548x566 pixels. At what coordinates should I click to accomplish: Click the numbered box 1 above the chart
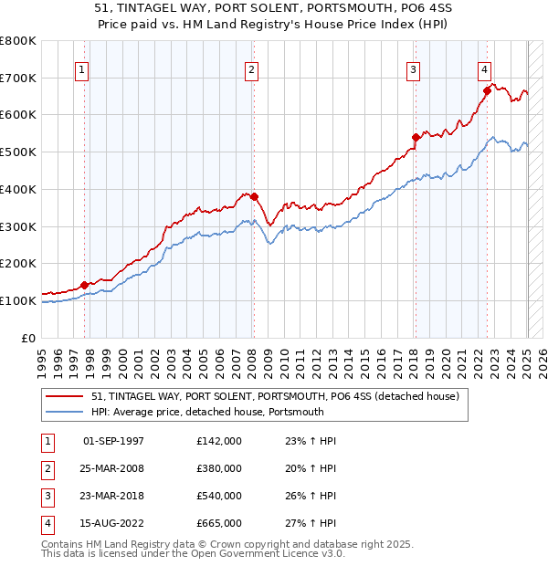(x=83, y=68)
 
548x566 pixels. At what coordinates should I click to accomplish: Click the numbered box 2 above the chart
(x=251, y=68)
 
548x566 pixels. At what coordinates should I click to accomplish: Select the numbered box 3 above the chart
(x=414, y=68)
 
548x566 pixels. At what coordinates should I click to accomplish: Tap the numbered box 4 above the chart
(x=484, y=68)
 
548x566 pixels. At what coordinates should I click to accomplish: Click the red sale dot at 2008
(x=255, y=196)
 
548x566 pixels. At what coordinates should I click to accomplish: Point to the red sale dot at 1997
(x=84, y=285)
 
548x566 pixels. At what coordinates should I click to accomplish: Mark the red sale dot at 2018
(x=416, y=138)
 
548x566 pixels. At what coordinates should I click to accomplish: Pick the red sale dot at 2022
(x=487, y=90)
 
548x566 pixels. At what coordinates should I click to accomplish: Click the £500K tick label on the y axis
(x=18, y=152)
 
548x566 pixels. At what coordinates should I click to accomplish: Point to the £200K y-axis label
(x=18, y=264)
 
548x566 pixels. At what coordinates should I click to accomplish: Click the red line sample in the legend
(x=65, y=396)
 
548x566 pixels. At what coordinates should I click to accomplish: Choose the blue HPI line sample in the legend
(x=65, y=412)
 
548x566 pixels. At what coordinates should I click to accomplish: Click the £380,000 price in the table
(x=219, y=468)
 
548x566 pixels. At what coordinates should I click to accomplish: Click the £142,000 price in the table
(x=219, y=441)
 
